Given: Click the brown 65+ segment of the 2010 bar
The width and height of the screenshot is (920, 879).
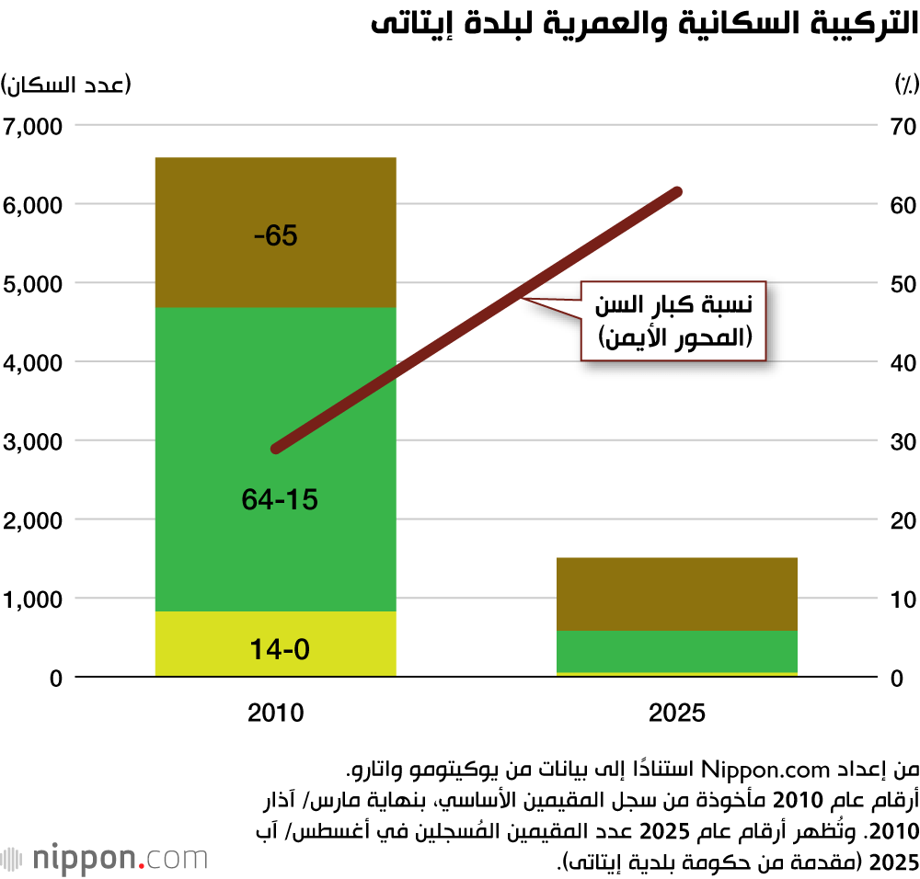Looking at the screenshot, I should click(x=276, y=267).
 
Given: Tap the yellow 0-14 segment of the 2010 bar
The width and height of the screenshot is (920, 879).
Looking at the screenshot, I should click(x=276, y=644).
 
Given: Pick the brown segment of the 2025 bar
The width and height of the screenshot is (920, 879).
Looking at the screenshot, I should click(x=677, y=593).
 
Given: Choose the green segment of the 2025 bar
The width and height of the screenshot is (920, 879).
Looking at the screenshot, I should click(x=677, y=651).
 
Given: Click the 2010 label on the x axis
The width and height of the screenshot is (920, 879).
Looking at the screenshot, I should click(x=276, y=713).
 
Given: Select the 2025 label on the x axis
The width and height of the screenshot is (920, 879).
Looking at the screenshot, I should click(x=677, y=713).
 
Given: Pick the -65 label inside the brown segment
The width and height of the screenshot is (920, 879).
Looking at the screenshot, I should click(x=276, y=236).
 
